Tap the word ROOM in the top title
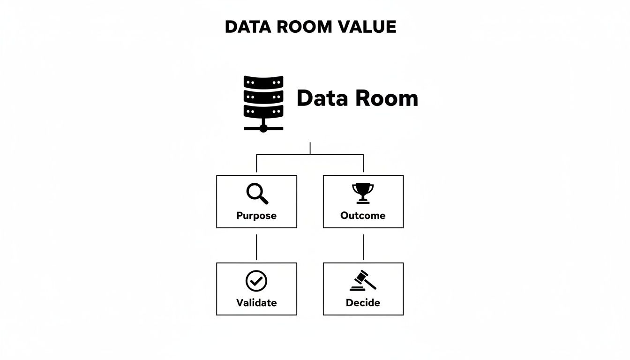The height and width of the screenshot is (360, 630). [304, 27]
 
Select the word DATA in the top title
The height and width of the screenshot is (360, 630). [248, 27]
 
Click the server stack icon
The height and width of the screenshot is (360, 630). [263, 104]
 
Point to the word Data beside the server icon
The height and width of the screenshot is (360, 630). [322, 98]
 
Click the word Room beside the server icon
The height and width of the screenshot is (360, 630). [387, 98]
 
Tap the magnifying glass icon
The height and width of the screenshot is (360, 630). [257, 194]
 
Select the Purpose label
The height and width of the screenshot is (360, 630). [256, 216]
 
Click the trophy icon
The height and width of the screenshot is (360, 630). [363, 194]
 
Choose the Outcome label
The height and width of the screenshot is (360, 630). [363, 216]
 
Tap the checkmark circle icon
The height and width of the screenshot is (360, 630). [256, 281]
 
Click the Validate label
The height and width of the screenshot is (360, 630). [256, 303]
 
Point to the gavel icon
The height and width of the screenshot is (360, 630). [362, 280]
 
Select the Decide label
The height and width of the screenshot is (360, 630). [363, 303]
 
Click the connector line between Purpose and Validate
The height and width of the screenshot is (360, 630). [256, 247]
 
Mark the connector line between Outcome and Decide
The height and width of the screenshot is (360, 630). [363, 247]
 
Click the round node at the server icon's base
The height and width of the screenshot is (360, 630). [263, 128]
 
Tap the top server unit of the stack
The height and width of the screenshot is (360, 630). [263, 82]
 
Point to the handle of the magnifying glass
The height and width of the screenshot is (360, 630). [264, 200]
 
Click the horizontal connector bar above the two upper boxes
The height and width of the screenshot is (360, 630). [310, 154]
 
